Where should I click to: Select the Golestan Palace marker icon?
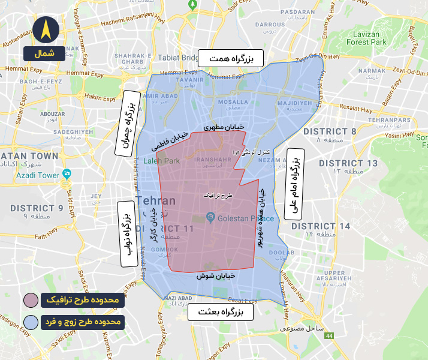pos(210,217)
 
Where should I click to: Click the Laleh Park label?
pos(162,161)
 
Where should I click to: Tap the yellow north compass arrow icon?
pos(46,29)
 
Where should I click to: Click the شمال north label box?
pos(44,53)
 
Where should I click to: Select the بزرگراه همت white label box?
pos(231,58)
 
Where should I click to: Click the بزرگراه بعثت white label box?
pos(221,313)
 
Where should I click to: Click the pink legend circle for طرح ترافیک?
pos(31,299)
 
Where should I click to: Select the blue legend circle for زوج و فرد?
pos(31,322)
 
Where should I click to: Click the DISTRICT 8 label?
pos(330,131)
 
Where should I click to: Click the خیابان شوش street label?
pos(214,276)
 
